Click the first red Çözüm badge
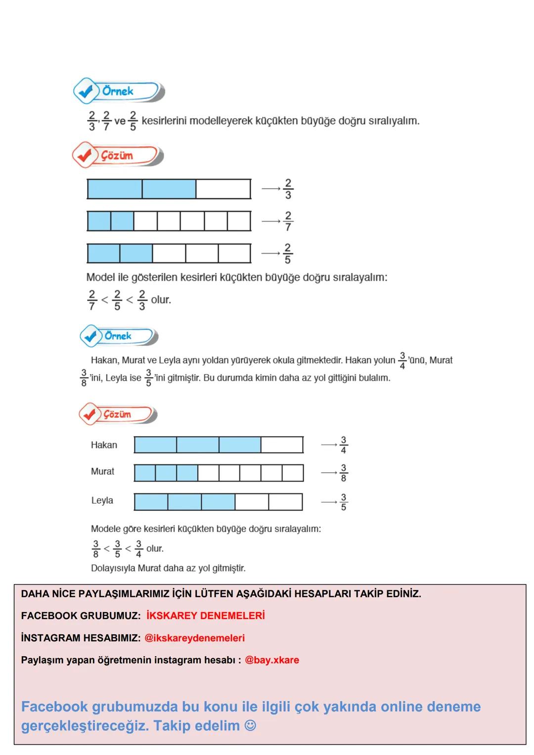[x=117, y=155]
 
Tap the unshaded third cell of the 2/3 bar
[x=223, y=189]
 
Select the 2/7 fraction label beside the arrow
[x=288, y=221]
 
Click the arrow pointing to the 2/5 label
[x=270, y=253]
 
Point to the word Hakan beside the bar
[x=104, y=445]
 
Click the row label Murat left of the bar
[x=102, y=472]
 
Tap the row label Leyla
[x=102, y=500]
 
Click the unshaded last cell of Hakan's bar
[x=282, y=445]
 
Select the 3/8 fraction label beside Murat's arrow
[x=343, y=473]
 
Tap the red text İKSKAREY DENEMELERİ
[x=206, y=616]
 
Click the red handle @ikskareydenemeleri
[x=194, y=638]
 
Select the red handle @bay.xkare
[x=272, y=660]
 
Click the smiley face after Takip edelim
[x=251, y=726]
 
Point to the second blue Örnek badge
[x=119, y=336]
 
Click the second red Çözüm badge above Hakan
[x=118, y=414]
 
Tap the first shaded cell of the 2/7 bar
[x=99, y=221]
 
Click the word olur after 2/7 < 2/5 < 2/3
[x=161, y=300]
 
